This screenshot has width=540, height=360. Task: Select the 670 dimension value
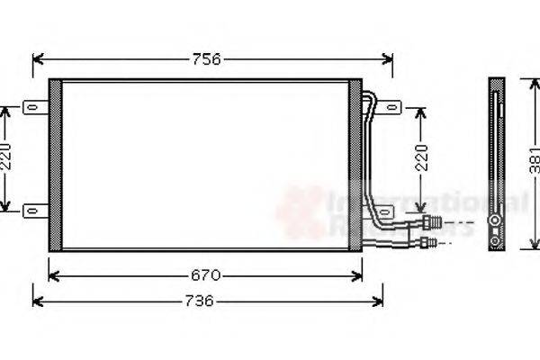pos(206,274)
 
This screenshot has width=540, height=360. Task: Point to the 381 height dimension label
pos(534,160)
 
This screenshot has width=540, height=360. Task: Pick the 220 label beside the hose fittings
pos(421,159)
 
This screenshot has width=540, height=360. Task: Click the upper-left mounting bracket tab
pos(34,107)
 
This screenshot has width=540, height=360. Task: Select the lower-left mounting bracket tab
pos(34,211)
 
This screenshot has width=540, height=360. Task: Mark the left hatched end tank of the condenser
pos(55,165)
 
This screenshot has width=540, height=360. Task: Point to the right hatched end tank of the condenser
pos(355,165)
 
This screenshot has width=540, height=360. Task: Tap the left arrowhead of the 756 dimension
pos(37,60)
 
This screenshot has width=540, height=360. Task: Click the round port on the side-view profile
pos(495,222)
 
